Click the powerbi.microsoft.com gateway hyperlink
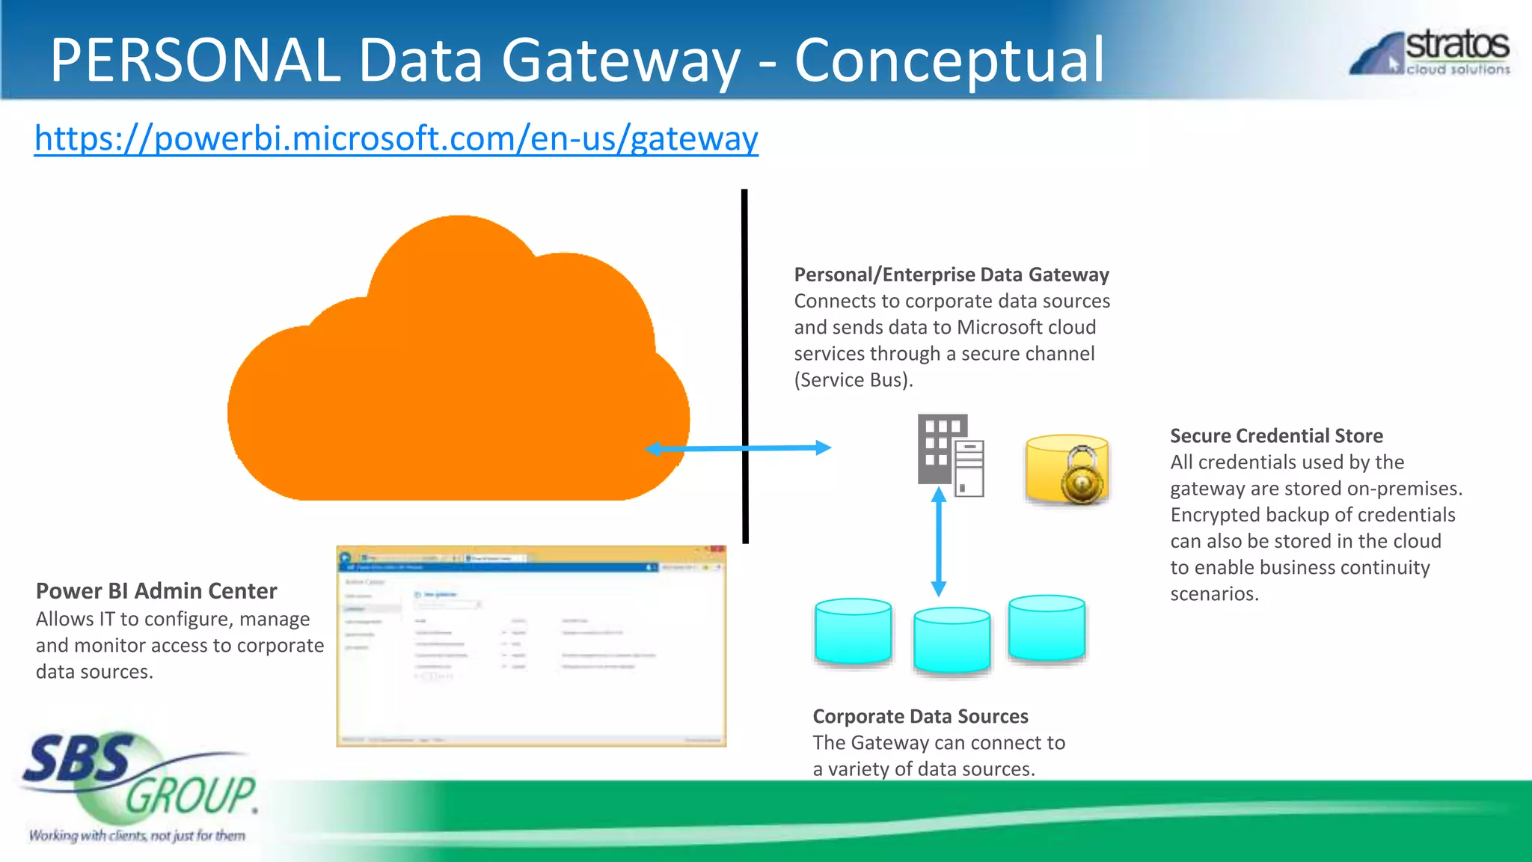click(x=396, y=139)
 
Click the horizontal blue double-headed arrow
click(x=738, y=448)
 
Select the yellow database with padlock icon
click(x=1067, y=470)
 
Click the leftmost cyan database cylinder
click(x=853, y=632)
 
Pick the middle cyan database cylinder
click(x=952, y=641)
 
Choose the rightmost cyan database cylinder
click(x=1047, y=629)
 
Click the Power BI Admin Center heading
click(x=156, y=591)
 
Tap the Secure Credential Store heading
click(x=1276, y=435)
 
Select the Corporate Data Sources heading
click(x=920, y=716)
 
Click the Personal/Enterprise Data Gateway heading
click(x=951, y=275)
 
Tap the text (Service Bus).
click(x=853, y=380)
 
